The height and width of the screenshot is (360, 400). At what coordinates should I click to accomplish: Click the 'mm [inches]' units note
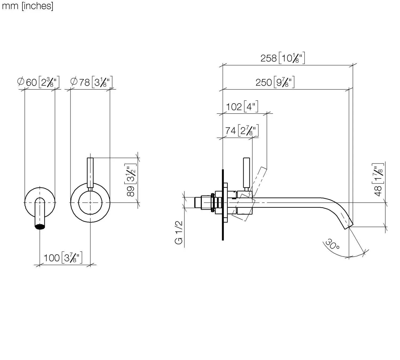pyautogui.click(x=27, y=6)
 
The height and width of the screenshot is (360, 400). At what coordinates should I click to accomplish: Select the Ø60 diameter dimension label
pyautogui.click(x=38, y=82)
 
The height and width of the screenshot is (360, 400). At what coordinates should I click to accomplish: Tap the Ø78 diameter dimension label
pyautogui.click(x=91, y=82)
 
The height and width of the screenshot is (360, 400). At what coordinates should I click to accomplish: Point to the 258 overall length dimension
pyautogui.click(x=283, y=58)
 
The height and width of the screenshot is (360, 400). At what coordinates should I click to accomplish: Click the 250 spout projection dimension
pyautogui.click(x=275, y=82)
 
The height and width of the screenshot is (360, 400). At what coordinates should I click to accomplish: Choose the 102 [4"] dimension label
pyautogui.click(x=242, y=106)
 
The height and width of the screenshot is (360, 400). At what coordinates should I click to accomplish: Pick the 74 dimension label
pyautogui.click(x=242, y=131)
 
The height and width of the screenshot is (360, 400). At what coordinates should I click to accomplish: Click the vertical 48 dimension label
pyautogui.click(x=378, y=180)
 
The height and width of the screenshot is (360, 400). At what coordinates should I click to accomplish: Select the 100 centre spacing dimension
pyautogui.click(x=63, y=258)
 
